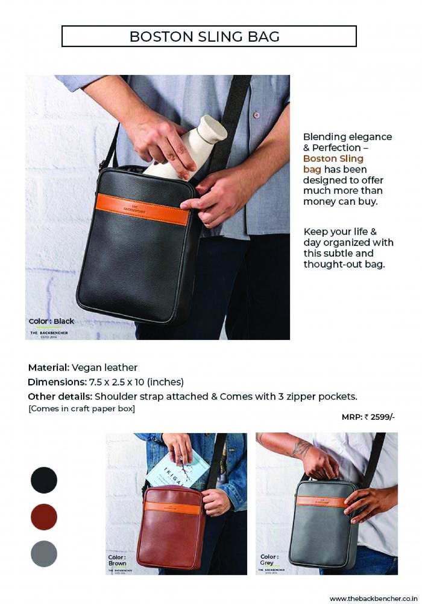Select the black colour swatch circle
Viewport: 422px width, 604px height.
tap(44, 480)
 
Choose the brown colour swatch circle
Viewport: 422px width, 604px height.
tap(44, 517)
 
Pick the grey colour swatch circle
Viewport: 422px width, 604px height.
tap(44, 554)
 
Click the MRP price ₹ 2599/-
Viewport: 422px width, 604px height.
tap(368, 417)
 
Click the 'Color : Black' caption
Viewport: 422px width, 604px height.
tap(51, 321)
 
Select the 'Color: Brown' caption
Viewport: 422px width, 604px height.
tap(117, 560)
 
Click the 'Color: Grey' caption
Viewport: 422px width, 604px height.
tap(269, 559)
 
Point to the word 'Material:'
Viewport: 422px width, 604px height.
tap(49, 367)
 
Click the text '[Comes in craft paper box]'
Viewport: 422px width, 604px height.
tap(81, 409)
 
